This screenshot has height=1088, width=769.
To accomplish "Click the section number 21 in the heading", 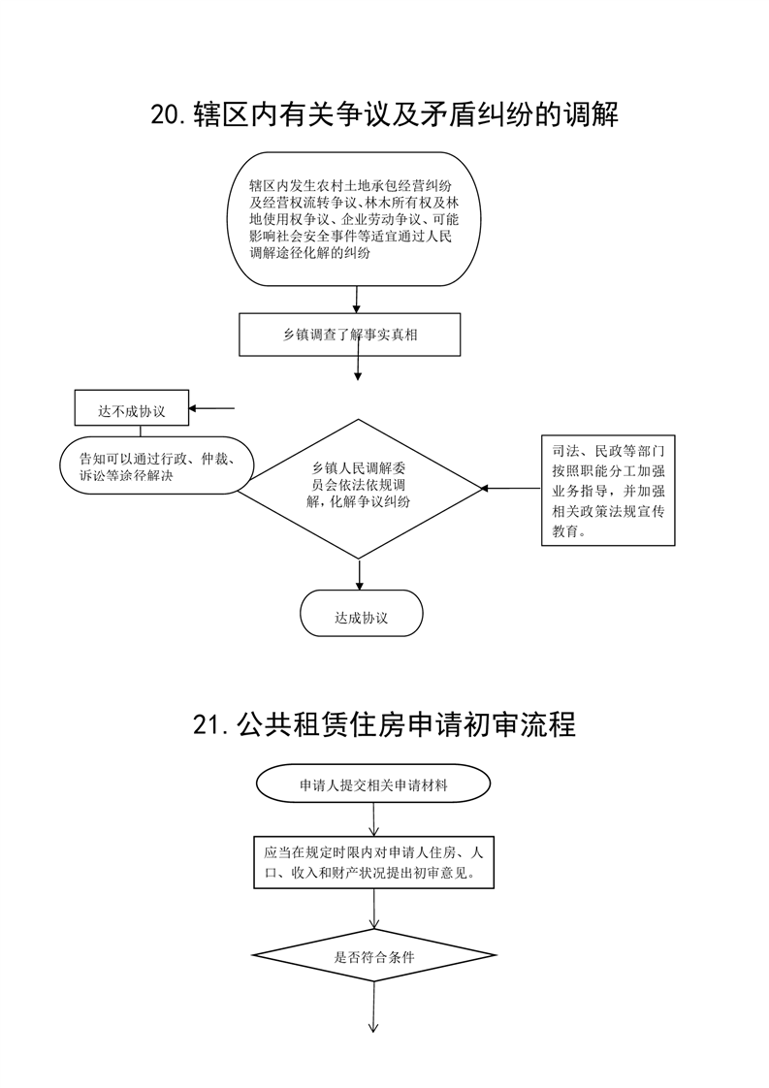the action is click(207, 725).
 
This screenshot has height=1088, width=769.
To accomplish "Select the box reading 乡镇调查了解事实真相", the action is click(350, 335).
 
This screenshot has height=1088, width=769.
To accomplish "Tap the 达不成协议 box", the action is click(132, 407).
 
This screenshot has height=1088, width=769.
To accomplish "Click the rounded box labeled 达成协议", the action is click(361, 614).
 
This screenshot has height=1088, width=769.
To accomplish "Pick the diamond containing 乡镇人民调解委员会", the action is click(360, 489).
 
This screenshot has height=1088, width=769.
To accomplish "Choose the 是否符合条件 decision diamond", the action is click(374, 956).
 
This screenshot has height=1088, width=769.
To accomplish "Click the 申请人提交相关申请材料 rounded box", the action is click(373, 784).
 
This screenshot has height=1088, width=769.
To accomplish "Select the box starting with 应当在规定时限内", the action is click(374, 862).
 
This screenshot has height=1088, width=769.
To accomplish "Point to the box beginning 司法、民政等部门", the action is click(608, 491).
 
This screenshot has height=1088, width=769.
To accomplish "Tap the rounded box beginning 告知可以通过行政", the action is click(156, 465).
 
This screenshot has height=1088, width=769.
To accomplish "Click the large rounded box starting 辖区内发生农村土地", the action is click(354, 219).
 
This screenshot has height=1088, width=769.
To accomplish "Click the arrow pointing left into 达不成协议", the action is click(211, 408).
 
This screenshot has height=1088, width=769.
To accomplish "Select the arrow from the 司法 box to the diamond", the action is click(511, 489).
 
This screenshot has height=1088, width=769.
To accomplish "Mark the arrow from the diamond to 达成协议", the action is click(360, 574).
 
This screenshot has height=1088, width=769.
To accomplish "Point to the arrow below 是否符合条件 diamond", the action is click(374, 1008).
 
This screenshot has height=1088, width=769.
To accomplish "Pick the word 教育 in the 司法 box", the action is click(566, 532).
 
